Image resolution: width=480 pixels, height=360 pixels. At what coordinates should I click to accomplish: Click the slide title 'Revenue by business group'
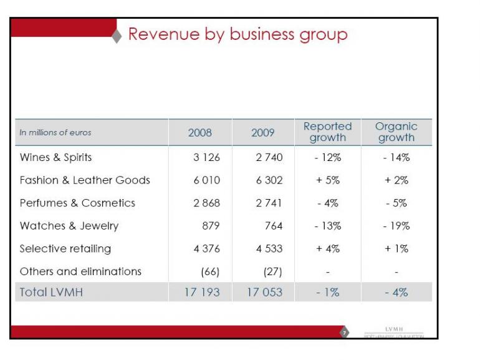point(238,34)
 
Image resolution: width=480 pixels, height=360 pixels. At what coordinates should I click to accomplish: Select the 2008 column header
point(200,133)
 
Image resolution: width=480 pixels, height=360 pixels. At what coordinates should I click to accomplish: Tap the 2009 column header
point(263,133)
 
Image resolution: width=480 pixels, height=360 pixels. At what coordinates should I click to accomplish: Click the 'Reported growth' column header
point(327,132)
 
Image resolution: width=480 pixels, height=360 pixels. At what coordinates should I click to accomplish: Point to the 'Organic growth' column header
point(396,132)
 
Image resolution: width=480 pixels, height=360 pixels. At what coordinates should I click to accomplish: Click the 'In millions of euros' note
point(55,133)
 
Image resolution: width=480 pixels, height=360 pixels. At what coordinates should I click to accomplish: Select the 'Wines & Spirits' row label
point(56,157)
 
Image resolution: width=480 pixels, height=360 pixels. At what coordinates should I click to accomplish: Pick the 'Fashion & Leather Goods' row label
point(85,180)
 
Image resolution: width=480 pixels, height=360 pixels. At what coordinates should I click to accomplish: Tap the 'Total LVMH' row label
point(52,292)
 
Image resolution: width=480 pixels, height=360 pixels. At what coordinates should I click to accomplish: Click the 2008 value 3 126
point(206,157)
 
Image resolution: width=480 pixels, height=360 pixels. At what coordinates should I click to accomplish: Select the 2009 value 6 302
point(269,180)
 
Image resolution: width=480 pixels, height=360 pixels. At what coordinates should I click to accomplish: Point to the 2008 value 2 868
point(206,203)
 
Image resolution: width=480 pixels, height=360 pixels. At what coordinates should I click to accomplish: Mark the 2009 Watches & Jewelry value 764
point(273,226)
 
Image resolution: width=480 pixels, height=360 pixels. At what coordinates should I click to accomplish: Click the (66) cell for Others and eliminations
point(209,271)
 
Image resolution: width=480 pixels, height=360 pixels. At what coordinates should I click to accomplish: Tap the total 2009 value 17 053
point(264,292)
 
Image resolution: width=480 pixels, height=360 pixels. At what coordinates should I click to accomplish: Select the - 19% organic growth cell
point(396,226)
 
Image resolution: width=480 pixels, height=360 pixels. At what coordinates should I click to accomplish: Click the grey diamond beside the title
point(117,36)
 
